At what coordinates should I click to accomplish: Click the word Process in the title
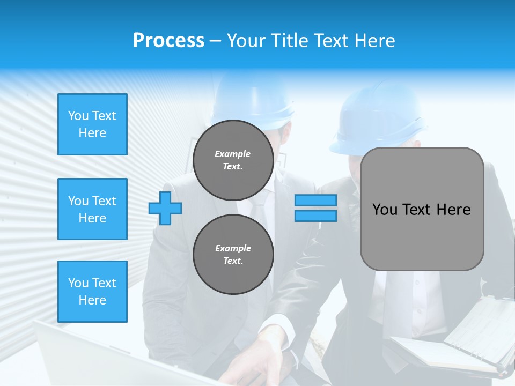(168, 40)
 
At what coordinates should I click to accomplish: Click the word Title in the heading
(288, 41)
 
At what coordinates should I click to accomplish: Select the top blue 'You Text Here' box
(92, 124)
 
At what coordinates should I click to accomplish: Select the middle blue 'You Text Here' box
(92, 209)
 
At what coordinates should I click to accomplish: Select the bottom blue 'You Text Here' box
(92, 291)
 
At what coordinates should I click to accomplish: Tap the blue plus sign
(165, 208)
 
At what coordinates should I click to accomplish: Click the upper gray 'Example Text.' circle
(233, 160)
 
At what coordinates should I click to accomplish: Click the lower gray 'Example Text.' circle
(233, 254)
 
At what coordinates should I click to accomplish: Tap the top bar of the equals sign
(315, 201)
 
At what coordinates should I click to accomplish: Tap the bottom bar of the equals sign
(315, 216)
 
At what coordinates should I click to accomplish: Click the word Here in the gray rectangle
(453, 209)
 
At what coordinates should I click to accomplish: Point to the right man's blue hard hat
(376, 121)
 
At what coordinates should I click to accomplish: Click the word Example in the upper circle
(233, 154)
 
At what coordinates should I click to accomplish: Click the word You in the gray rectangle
(385, 209)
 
